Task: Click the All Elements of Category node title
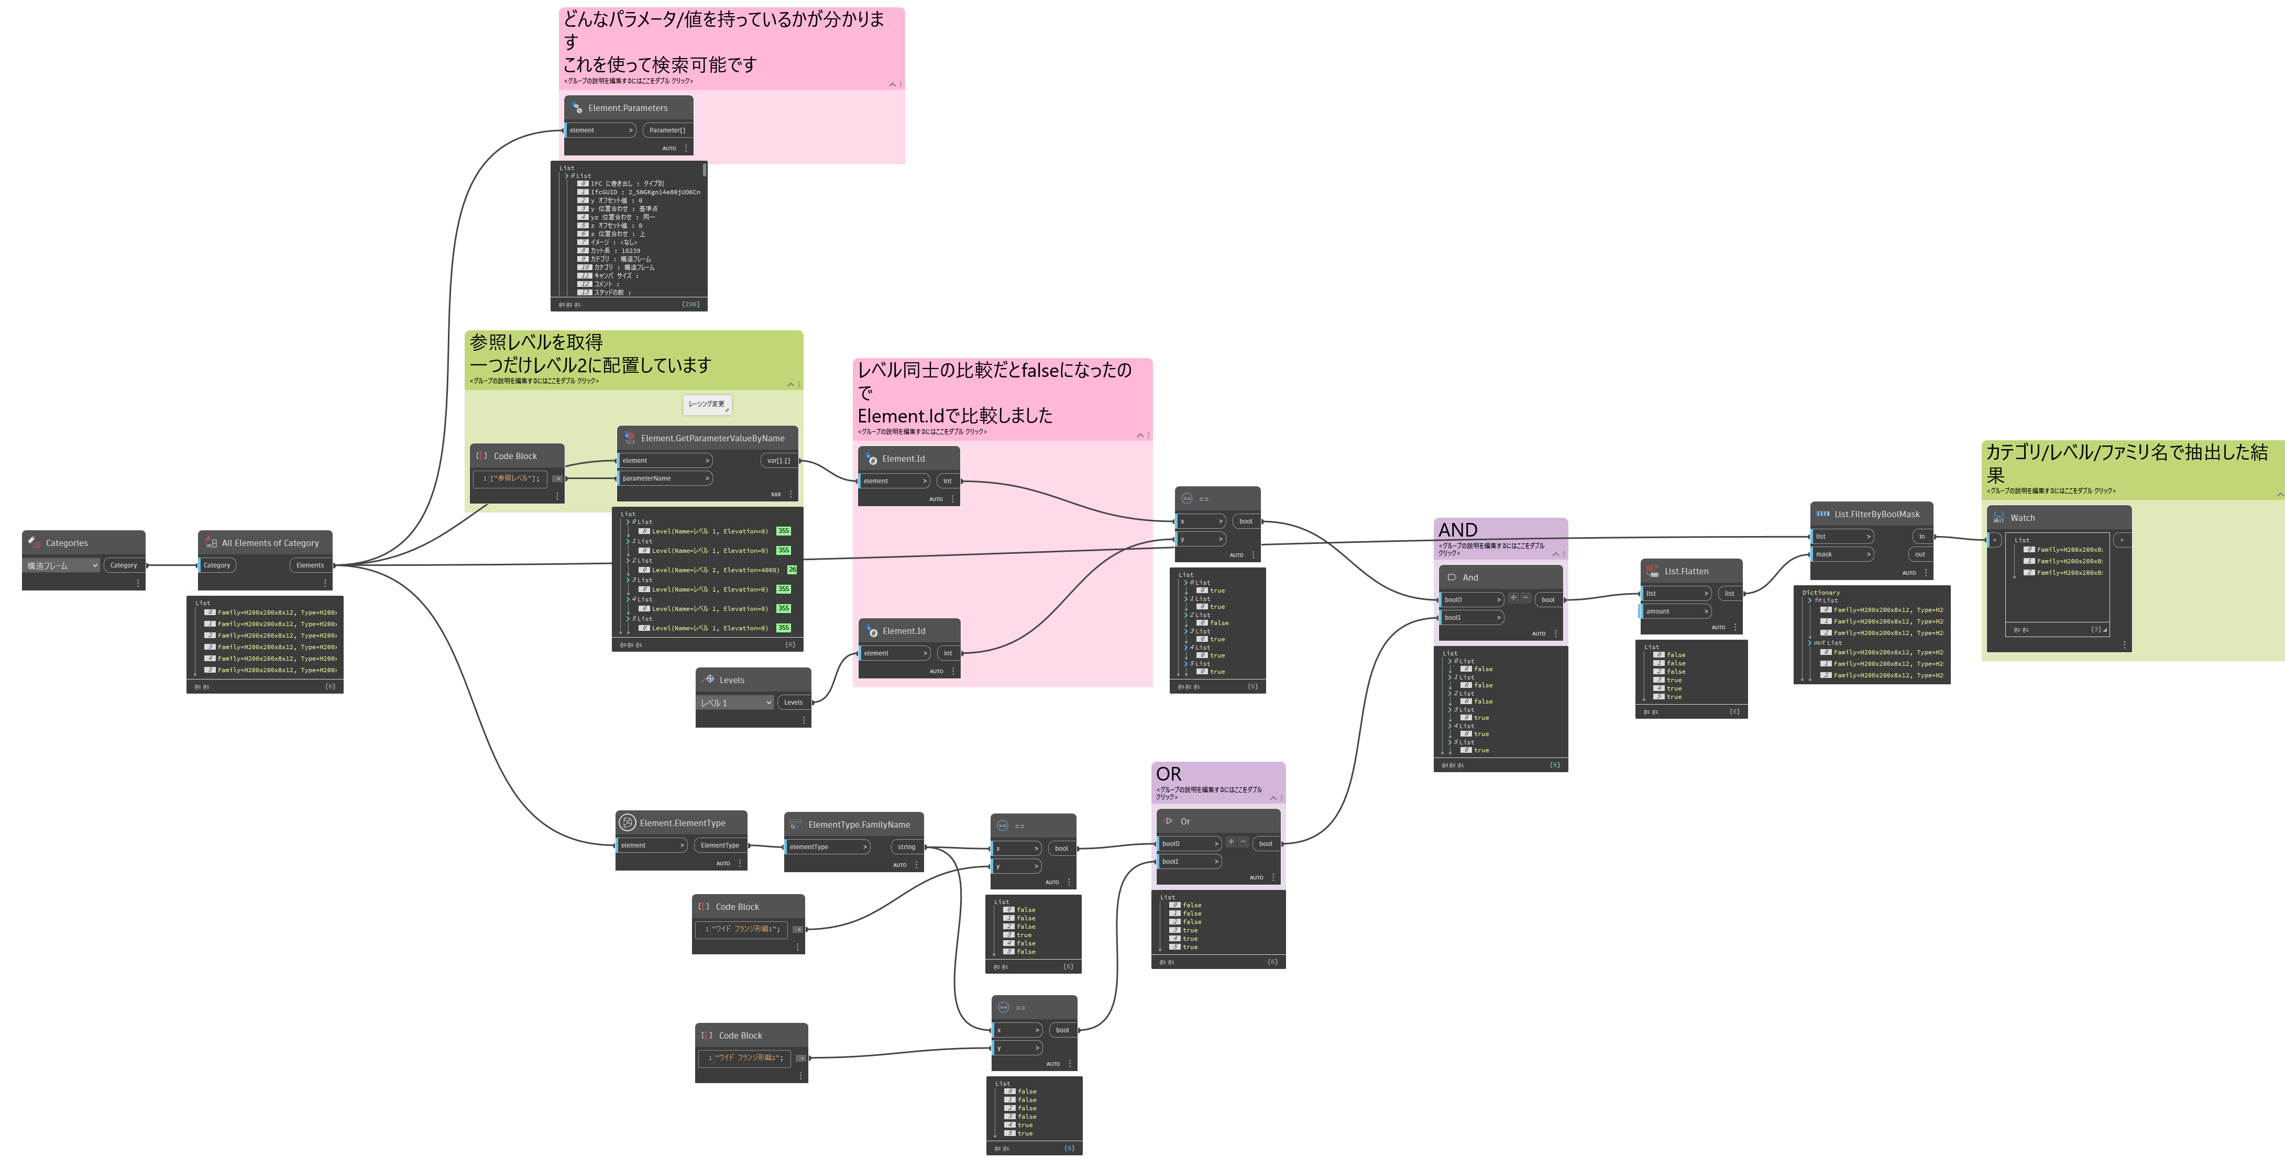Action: pyautogui.click(x=270, y=543)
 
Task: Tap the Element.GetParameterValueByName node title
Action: pyautogui.click(x=712, y=438)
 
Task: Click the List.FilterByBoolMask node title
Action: pyautogui.click(x=1876, y=514)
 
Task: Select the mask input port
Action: pyautogui.click(x=1841, y=554)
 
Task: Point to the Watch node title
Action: pyautogui.click(x=2023, y=518)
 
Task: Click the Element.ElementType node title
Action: pyautogui.click(x=682, y=823)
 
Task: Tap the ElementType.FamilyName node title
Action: pyautogui.click(x=859, y=824)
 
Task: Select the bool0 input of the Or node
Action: pyautogui.click(x=1188, y=843)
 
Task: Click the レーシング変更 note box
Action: pyautogui.click(x=707, y=404)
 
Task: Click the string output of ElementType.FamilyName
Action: pyautogui.click(x=906, y=847)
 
